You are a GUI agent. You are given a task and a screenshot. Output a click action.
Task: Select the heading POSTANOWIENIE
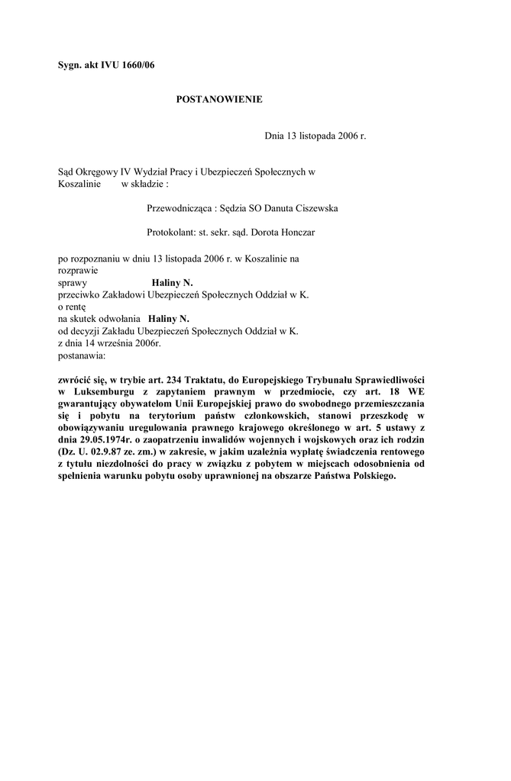pos(219,99)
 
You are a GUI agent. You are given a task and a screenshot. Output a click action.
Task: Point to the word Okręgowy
pos(99,172)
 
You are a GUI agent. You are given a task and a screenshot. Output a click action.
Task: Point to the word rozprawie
pos(77,269)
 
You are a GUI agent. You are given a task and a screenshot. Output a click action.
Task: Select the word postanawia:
pos(82,355)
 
